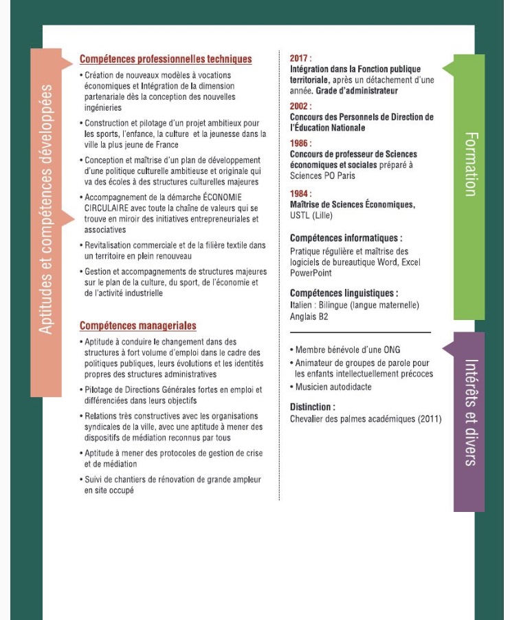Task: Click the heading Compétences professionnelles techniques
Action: click(x=166, y=60)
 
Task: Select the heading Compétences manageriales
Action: click(x=138, y=325)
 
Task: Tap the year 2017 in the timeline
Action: click(x=301, y=59)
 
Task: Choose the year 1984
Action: click(x=301, y=193)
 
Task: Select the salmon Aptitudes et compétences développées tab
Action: click(x=46, y=206)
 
